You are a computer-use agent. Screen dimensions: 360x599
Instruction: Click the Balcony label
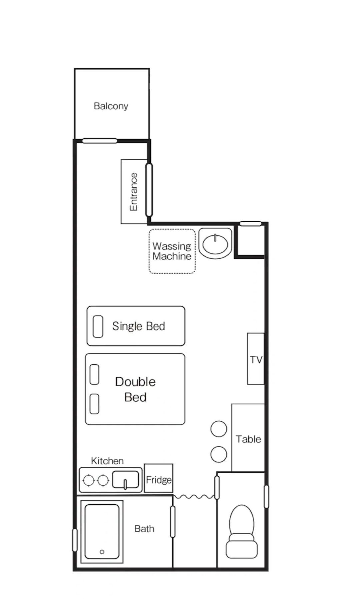tap(111, 106)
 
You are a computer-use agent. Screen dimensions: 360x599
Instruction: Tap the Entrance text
tap(133, 192)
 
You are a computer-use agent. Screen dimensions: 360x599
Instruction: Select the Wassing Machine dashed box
tap(172, 251)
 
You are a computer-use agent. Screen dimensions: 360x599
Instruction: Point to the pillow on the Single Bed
tap(98, 326)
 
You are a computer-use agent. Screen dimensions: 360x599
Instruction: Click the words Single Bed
tap(139, 326)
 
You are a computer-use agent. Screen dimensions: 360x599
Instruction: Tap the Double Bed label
tap(135, 389)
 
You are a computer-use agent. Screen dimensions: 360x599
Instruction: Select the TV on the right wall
tap(256, 359)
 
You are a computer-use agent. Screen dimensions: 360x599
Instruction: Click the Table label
tap(248, 439)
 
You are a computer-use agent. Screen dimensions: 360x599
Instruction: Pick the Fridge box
tap(159, 478)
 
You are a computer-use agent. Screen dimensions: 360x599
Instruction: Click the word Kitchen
tap(107, 461)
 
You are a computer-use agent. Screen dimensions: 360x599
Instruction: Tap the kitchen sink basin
tap(125, 480)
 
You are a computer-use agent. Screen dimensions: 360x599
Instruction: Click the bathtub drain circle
tap(102, 552)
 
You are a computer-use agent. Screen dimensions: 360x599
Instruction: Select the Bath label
tap(144, 529)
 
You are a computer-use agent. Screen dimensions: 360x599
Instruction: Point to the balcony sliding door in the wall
tap(100, 141)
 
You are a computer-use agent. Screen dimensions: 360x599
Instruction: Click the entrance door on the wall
tap(149, 190)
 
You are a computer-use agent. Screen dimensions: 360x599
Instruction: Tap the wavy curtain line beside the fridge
tap(194, 497)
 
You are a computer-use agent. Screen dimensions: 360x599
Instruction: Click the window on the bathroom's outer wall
tap(75, 540)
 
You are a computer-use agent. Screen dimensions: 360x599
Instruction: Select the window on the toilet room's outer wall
tap(266, 497)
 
